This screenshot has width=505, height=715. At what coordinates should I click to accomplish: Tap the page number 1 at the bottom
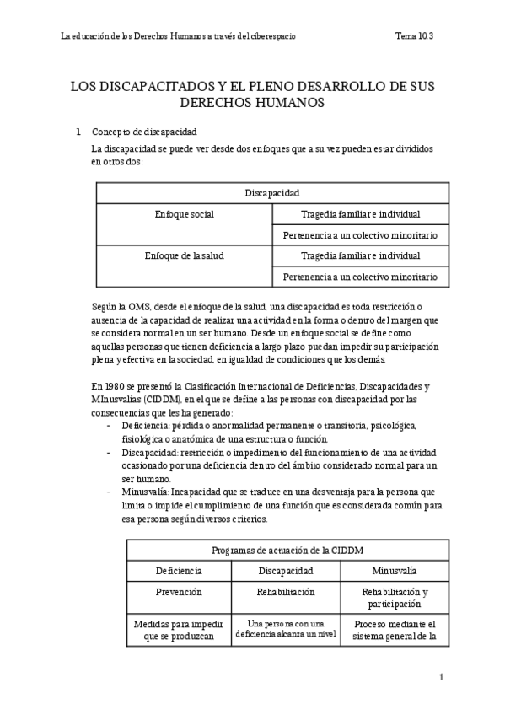coord(441,677)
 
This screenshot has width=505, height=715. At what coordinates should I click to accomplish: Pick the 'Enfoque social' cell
coord(185,214)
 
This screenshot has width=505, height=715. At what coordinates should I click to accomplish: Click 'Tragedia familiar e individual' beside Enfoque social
coord(360,214)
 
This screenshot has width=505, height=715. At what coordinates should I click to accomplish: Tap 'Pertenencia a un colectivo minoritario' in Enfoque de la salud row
coord(360,277)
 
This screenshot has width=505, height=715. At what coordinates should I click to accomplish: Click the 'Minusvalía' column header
coord(394,570)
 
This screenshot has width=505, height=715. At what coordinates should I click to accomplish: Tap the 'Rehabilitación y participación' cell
coord(394,598)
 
